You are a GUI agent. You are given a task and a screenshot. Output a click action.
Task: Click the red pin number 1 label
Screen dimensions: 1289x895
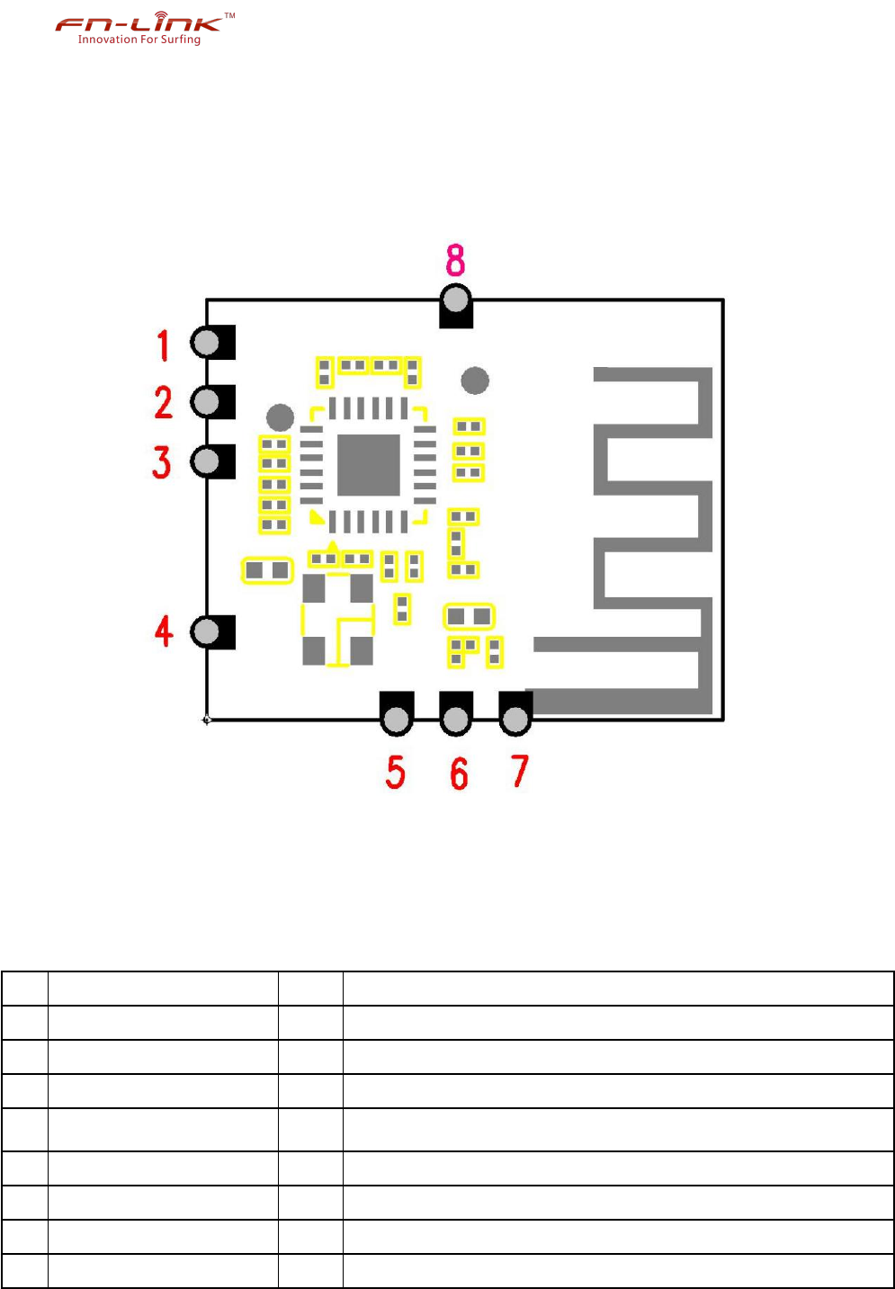pyautogui.click(x=163, y=345)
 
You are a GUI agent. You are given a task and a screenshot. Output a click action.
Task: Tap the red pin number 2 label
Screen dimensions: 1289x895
pyautogui.click(x=163, y=402)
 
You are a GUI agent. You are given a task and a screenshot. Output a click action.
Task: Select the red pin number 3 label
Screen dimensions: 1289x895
pyautogui.click(x=162, y=461)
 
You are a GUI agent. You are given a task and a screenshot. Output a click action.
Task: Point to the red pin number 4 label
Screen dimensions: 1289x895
pyautogui.click(x=164, y=631)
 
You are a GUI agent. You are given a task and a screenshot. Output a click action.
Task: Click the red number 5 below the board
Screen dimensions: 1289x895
pyautogui.click(x=396, y=772)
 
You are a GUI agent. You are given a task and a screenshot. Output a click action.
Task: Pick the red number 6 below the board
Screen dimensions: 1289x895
pyautogui.click(x=459, y=773)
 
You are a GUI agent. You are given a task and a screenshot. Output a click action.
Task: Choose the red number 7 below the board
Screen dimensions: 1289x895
pyautogui.click(x=520, y=771)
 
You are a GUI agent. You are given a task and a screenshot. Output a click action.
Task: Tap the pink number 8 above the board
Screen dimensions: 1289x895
pyautogui.click(x=456, y=260)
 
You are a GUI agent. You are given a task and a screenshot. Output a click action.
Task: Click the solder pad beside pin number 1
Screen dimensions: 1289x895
pyautogui.click(x=207, y=343)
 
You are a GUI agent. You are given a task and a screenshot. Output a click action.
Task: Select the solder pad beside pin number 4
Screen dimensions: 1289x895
pyautogui.click(x=207, y=631)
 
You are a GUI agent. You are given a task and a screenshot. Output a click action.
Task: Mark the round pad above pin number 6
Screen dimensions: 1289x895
pyautogui.click(x=456, y=719)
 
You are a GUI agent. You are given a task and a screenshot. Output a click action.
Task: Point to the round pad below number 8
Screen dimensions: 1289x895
pyautogui.click(x=456, y=300)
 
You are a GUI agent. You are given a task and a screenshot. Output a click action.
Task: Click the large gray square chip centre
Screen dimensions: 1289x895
pyautogui.click(x=369, y=464)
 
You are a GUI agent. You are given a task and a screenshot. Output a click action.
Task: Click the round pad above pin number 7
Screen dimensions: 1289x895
pyautogui.click(x=515, y=719)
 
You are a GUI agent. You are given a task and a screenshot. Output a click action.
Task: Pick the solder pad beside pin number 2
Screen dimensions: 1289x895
pyautogui.click(x=207, y=402)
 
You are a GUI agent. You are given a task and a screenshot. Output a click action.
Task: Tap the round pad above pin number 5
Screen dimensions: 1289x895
pyautogui.click(x=396, y=719)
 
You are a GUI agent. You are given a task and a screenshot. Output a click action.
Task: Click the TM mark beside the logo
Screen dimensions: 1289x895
pyautogui.click(x=229, y=15)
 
